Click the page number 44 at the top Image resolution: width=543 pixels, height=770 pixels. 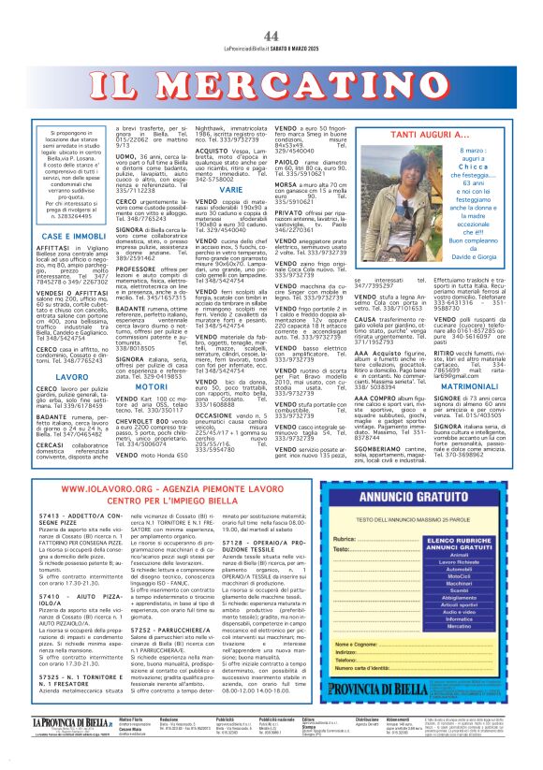[271, 36]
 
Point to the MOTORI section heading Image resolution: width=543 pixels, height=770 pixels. [152, 384]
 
